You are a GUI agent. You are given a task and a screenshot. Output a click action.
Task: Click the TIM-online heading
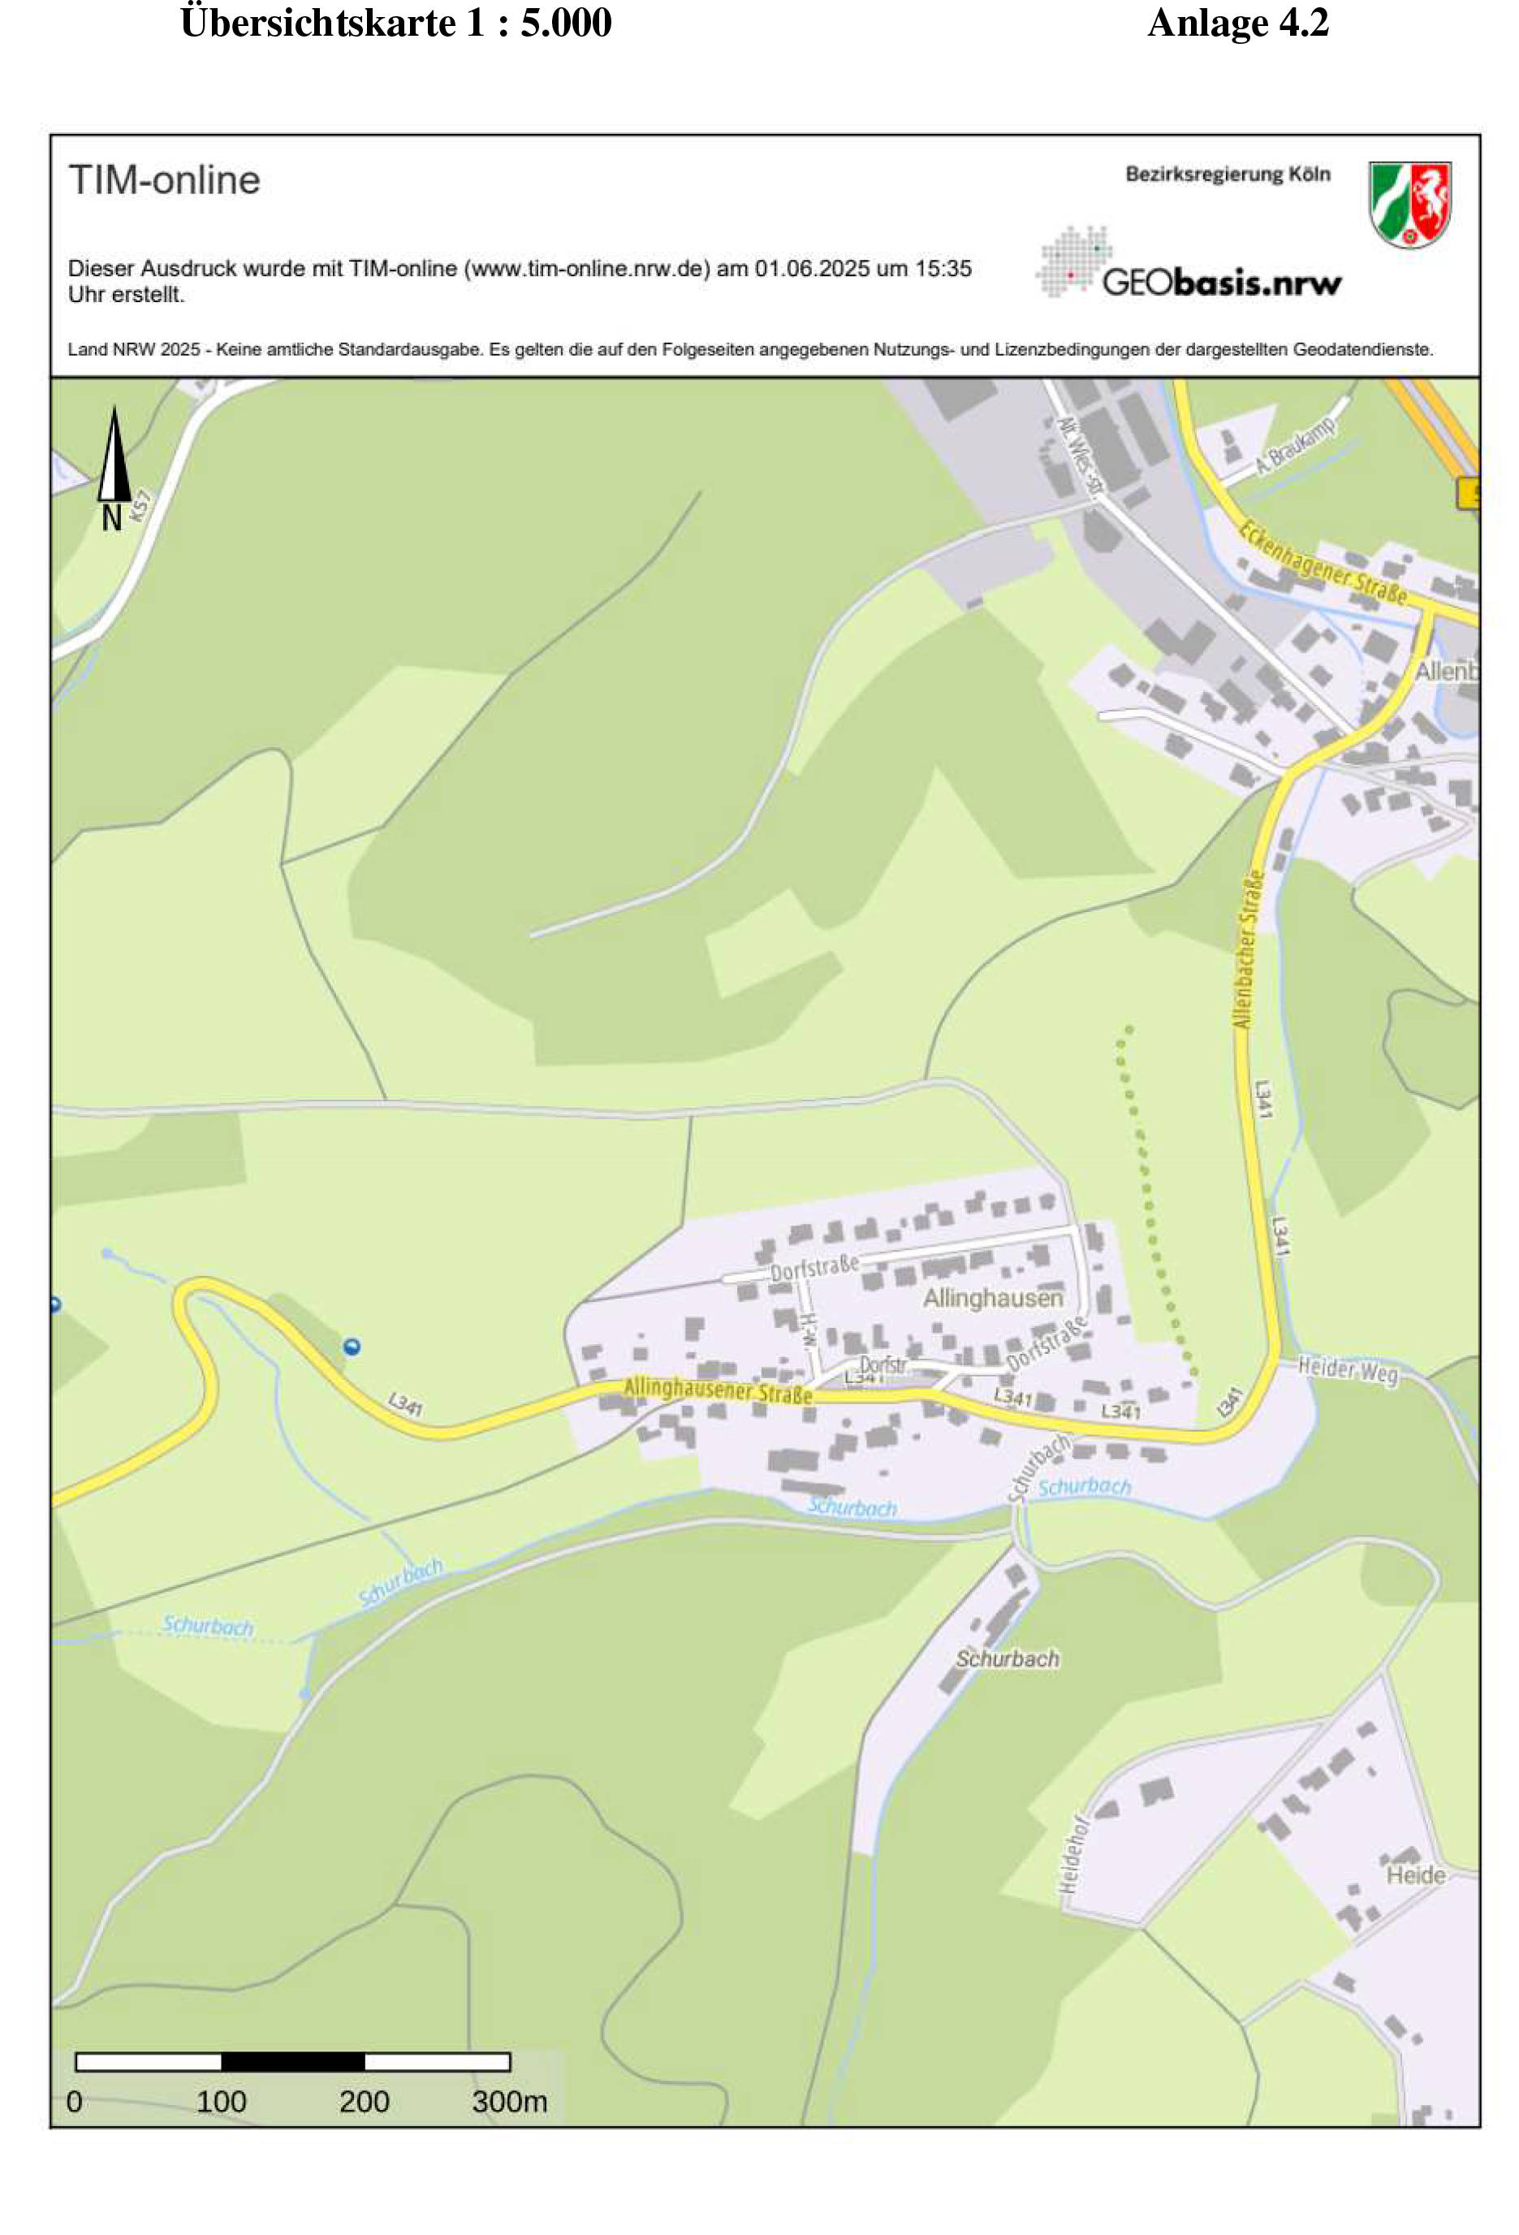click(x=163, y=179)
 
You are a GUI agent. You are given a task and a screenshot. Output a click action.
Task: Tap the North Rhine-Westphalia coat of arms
click(x=1409, y=204)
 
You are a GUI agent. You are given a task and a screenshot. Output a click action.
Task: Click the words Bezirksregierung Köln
click(x=1227, y=174)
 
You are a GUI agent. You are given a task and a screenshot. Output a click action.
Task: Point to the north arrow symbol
click(x=114, y=456)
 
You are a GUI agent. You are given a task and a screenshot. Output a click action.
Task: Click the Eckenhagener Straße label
click(x=1322, y=562)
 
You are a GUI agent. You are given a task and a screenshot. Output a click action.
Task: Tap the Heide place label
click(x=1414, y=1874)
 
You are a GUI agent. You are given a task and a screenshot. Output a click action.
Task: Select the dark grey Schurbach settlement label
click(x=1007, y=1658)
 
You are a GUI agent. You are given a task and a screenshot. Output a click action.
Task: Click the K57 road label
click(x=140, y=506)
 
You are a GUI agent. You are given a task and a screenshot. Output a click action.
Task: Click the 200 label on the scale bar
click(x=364, y=2101)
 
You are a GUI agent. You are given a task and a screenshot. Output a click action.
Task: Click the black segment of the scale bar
click(x=292, y=2061)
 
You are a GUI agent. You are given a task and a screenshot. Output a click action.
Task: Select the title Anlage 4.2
click(x=1237, y=23)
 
